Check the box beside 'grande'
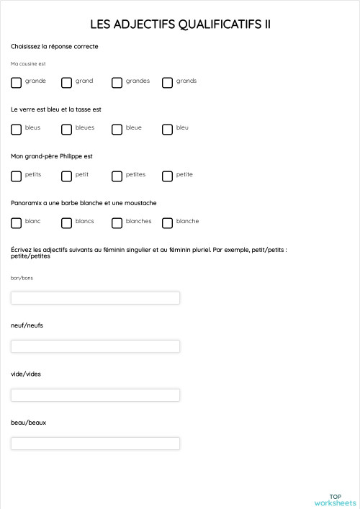(16, 83)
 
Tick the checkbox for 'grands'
(167, 83)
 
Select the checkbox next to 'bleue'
(117, 130)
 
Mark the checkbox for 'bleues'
(66, 130)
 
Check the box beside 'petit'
(66, 176)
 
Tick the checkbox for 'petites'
(117, 176)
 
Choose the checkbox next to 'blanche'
(167, 223)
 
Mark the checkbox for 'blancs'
(66, 223)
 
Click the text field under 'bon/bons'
(95, 297)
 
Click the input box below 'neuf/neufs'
(95, 346)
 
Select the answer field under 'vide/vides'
(95, 395)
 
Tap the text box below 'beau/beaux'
(95, 443)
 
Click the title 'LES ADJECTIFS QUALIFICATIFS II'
(180, 24)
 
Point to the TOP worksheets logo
(335, 500)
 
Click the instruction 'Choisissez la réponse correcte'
(55, 47)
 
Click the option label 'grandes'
(138, 81)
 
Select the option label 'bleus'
(32, 127)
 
